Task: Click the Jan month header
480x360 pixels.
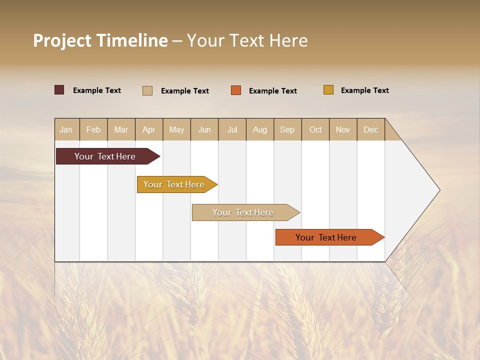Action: tap(66, 130)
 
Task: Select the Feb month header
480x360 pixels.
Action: tap(93, 130)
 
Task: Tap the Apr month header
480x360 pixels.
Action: tap(148, 130)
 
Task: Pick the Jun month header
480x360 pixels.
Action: tap(204, 130)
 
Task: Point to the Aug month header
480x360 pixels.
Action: tap(260, 130)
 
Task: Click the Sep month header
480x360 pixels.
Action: tap(287, 130)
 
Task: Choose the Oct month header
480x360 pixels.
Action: tap(315, 130)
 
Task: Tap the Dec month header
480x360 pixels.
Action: tap(370, 130)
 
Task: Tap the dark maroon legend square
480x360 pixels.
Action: tap(59, 90)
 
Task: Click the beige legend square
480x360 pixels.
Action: tap(147, 90)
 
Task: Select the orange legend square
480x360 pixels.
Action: tap(236, 90)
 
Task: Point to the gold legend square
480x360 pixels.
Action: tap(328, 90)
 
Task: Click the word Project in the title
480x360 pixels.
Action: tap(62, 40)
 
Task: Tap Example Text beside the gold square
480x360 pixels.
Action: tap(364, 90)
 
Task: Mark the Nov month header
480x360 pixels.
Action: tap(342, 130)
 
